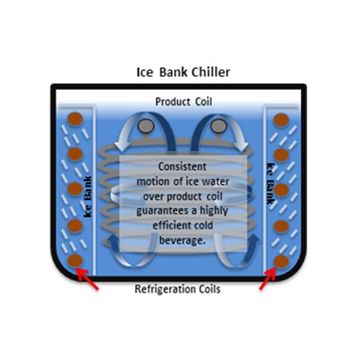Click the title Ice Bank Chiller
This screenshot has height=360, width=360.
tap(183, 73)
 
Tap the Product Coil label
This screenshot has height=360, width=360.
tap(184, 102)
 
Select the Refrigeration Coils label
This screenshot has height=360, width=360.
tap(178, 289)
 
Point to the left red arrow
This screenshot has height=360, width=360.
tap(87, 279)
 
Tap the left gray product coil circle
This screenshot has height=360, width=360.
tap(146, 126)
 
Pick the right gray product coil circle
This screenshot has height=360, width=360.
tap(218, 126)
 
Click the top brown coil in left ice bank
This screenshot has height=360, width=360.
tap(75, 119)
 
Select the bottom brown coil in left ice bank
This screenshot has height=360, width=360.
tap(75, 260)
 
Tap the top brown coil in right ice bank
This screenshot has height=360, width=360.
tap(281, 120)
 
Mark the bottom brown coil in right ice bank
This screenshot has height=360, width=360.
tap(281, 262)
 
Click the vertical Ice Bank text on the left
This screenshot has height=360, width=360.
tap(88, 197)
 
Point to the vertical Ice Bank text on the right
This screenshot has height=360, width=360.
tap(271, 184)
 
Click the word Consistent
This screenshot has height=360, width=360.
tap(182, 166)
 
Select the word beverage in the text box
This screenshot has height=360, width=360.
tap(182, 241)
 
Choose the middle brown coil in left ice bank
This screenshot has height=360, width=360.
tap(75, 188)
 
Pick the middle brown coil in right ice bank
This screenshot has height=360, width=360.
tap(281, 190)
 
